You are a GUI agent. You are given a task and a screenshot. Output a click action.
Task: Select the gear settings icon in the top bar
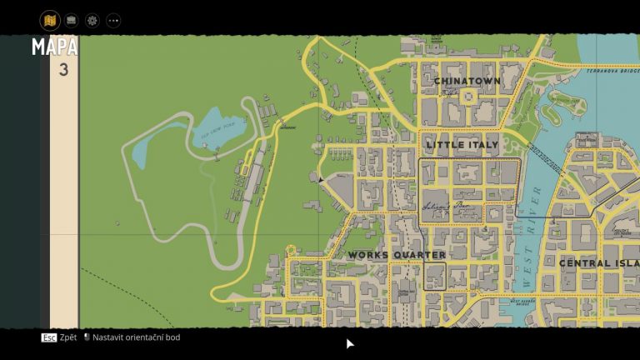coord(92,20)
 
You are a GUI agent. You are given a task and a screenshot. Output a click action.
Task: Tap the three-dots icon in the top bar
coord(113,20)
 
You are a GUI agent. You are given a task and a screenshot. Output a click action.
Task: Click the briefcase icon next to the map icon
coord(72,20)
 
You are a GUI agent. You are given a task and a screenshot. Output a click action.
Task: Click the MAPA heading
coord(55,47)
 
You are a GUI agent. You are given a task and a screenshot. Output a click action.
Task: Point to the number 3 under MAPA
coord(63,70)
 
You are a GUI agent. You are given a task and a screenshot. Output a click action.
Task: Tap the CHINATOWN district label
coord(467,81)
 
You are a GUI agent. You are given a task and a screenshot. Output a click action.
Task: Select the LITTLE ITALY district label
coord(462,144)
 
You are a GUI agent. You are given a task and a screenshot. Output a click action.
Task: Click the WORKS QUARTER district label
coord(397,255)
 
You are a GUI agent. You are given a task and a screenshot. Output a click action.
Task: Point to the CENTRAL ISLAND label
coord(598,263)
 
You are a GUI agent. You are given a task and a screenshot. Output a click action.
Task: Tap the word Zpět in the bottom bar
coord(68,337)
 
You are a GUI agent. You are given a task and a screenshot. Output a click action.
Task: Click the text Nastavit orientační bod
coord(136,337)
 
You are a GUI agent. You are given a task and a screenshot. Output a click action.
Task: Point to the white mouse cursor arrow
coord(350,343)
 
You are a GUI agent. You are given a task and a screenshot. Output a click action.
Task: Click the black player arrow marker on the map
coord(321,178)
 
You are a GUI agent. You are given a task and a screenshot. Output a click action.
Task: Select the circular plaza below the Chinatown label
coord(467,97)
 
